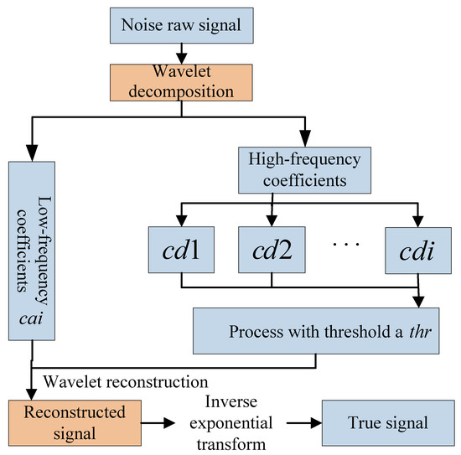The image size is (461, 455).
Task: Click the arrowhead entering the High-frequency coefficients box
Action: point(305,142)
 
